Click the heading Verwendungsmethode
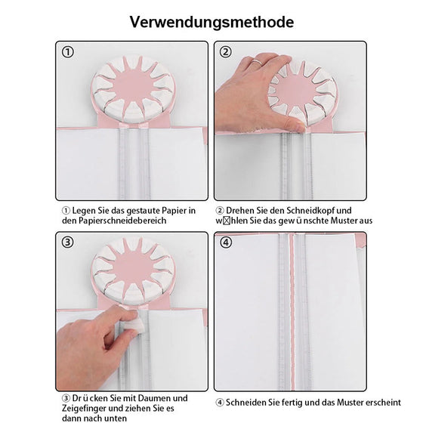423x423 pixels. click(211, 22)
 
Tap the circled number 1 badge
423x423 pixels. click(68, 52)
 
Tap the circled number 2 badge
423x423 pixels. click(226, 52)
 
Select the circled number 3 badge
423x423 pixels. click(68, 242)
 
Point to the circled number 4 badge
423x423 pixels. click(226, 242)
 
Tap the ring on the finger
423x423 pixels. click(257, 61)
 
